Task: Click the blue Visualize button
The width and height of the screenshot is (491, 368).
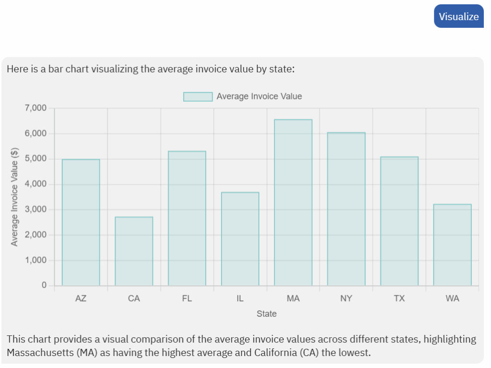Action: click(x=458, y=16)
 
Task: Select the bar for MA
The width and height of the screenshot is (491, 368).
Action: click(x=293, y=202)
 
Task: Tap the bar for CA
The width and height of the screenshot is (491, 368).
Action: click(x=134, y=251)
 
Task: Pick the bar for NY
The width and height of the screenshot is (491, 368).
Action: click(x=346, y=209)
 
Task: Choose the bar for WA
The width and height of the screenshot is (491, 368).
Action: click(x=452, y=245)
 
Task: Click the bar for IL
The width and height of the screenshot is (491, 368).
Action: click(x=240, y=239)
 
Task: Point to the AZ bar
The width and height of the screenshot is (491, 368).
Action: click(x=81, y=223)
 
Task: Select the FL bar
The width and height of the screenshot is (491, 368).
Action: click(x=187, y=218)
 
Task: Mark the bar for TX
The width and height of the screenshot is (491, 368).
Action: click(x=399, y=221)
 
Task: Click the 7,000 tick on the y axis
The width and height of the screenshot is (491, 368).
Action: click(x=35, y=108)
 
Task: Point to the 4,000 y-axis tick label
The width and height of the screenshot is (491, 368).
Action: click(x=35, y=184)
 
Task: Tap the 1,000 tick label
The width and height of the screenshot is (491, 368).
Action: click(x=35, y=261)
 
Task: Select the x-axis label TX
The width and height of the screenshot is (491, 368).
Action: click(x=399, y=298)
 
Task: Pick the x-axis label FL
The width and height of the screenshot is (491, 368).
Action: click(x=187, y=298)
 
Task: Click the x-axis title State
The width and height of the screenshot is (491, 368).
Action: click(x=267, y=314)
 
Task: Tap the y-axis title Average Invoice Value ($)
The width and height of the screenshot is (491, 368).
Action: click(x=14, y=197)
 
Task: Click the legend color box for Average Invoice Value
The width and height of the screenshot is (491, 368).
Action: click(x=198, y=96)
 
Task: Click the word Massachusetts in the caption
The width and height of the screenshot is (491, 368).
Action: click(x=39, y=353)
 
